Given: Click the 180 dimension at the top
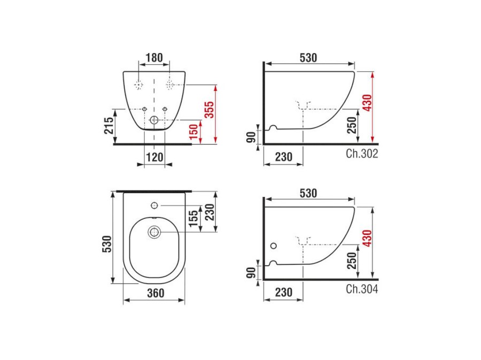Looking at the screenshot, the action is (x=154, y=58).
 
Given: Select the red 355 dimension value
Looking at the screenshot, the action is (x=210, y=110).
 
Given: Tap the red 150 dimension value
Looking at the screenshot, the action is (x=194, y=132).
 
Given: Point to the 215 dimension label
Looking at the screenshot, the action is (x=108, y=125).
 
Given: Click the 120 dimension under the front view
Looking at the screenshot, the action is (x=154, y=157).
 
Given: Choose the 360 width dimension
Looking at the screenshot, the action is (x=156, y=293).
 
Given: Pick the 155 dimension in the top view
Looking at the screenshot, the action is (x=193, y=219).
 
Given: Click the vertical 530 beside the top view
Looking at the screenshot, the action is (x=107, y=244).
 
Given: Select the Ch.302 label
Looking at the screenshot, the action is (x=362, y=154).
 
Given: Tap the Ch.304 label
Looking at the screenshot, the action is (x=362, y=289).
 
